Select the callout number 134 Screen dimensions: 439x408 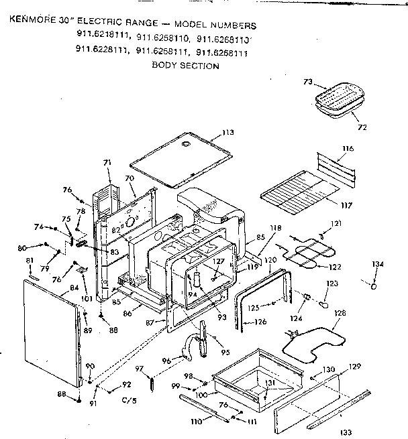coord(378,264)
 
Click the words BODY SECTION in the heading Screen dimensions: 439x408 coord(185,66)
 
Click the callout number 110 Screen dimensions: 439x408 coord(197,423)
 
